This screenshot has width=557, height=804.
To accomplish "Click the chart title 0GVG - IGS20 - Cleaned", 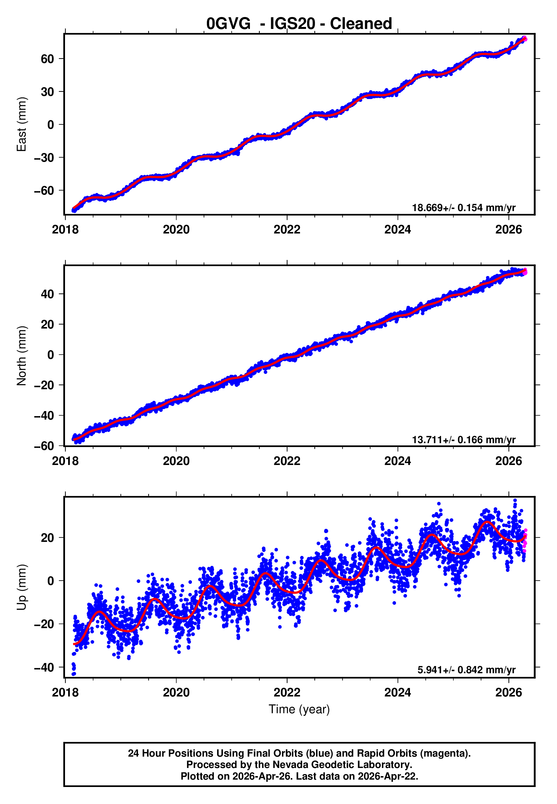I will coord(299,24).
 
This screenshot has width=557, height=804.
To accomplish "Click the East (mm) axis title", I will coord(22,124).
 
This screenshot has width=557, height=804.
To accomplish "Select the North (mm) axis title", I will coord(22,356).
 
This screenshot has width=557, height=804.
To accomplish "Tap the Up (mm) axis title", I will coord(22,587).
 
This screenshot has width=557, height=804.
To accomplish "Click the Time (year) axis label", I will coord(299,710).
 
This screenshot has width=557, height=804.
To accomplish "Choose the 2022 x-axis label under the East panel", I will coord(287,230).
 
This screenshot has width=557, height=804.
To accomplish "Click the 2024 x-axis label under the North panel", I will coord(397,461).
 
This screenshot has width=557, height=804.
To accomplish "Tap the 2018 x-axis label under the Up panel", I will coord(65,693).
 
